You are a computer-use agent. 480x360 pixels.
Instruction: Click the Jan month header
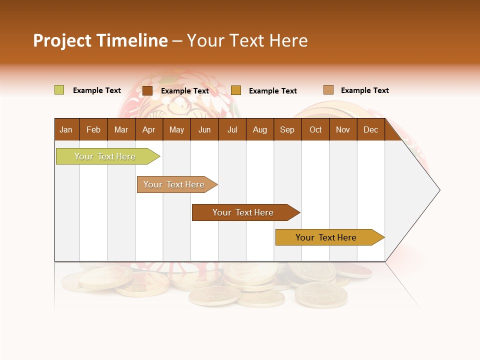pos(66,129)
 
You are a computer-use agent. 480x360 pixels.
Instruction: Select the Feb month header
pos(93,129)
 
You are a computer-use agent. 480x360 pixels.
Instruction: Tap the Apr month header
pos(149,129)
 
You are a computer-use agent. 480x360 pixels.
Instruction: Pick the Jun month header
pos(204,129)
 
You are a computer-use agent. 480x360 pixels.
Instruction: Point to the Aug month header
pos(260,129)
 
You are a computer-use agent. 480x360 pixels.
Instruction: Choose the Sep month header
pos(287,129)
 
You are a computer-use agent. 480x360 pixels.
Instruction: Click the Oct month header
pos(315,129)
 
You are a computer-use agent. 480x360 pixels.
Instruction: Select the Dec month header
pos(371,129)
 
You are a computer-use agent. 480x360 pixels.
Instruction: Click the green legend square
pos(59,90)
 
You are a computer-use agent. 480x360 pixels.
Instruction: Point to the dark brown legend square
pos(147,90)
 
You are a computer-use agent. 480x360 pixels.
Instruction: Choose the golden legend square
pos(236,90)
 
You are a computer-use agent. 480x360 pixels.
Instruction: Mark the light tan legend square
pos(328,90)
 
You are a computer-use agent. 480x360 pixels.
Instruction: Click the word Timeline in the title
pos(131,40)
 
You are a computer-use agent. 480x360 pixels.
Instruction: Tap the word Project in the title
pos(62,40)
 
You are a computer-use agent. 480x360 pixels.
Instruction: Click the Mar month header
pos(121,129)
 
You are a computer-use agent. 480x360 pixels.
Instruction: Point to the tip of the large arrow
pos(439,189)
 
